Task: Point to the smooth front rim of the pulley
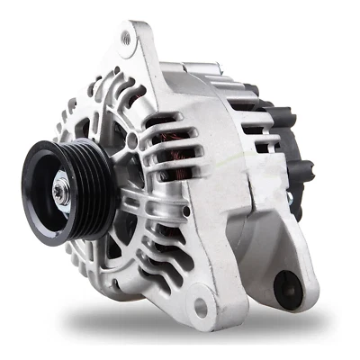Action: [x=36, y=216]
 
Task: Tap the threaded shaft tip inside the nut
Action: [x=59, y=190]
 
